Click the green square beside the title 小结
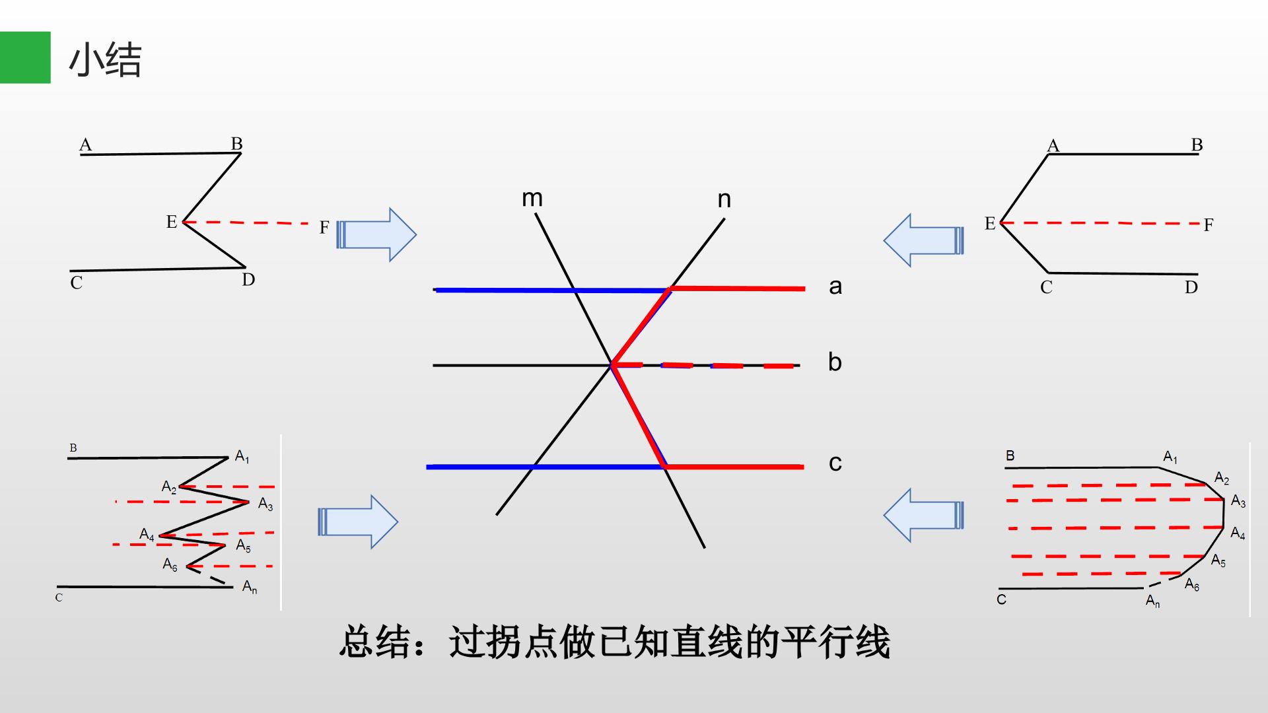pos(25,57)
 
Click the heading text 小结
pos(105,60)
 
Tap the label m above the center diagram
pos(532,198)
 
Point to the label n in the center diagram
pos(724,199)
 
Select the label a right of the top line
pos(835,287)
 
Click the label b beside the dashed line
pos(835,362)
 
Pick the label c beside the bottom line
pos(835,463)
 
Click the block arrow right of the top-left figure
pos(376,234)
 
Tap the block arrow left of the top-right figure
pos(924,240)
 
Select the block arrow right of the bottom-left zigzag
pos(358,522)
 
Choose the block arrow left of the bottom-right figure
pos(924,515)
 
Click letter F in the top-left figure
pos(324,228)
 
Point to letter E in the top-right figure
pos(990,224)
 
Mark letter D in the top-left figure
pos(248,280)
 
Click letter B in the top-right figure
pos(1197,145)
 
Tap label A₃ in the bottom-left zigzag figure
pos(265,504)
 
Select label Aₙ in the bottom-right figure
pos(1153,601)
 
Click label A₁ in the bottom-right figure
pos(1170,457)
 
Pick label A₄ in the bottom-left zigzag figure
pos(147,534)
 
